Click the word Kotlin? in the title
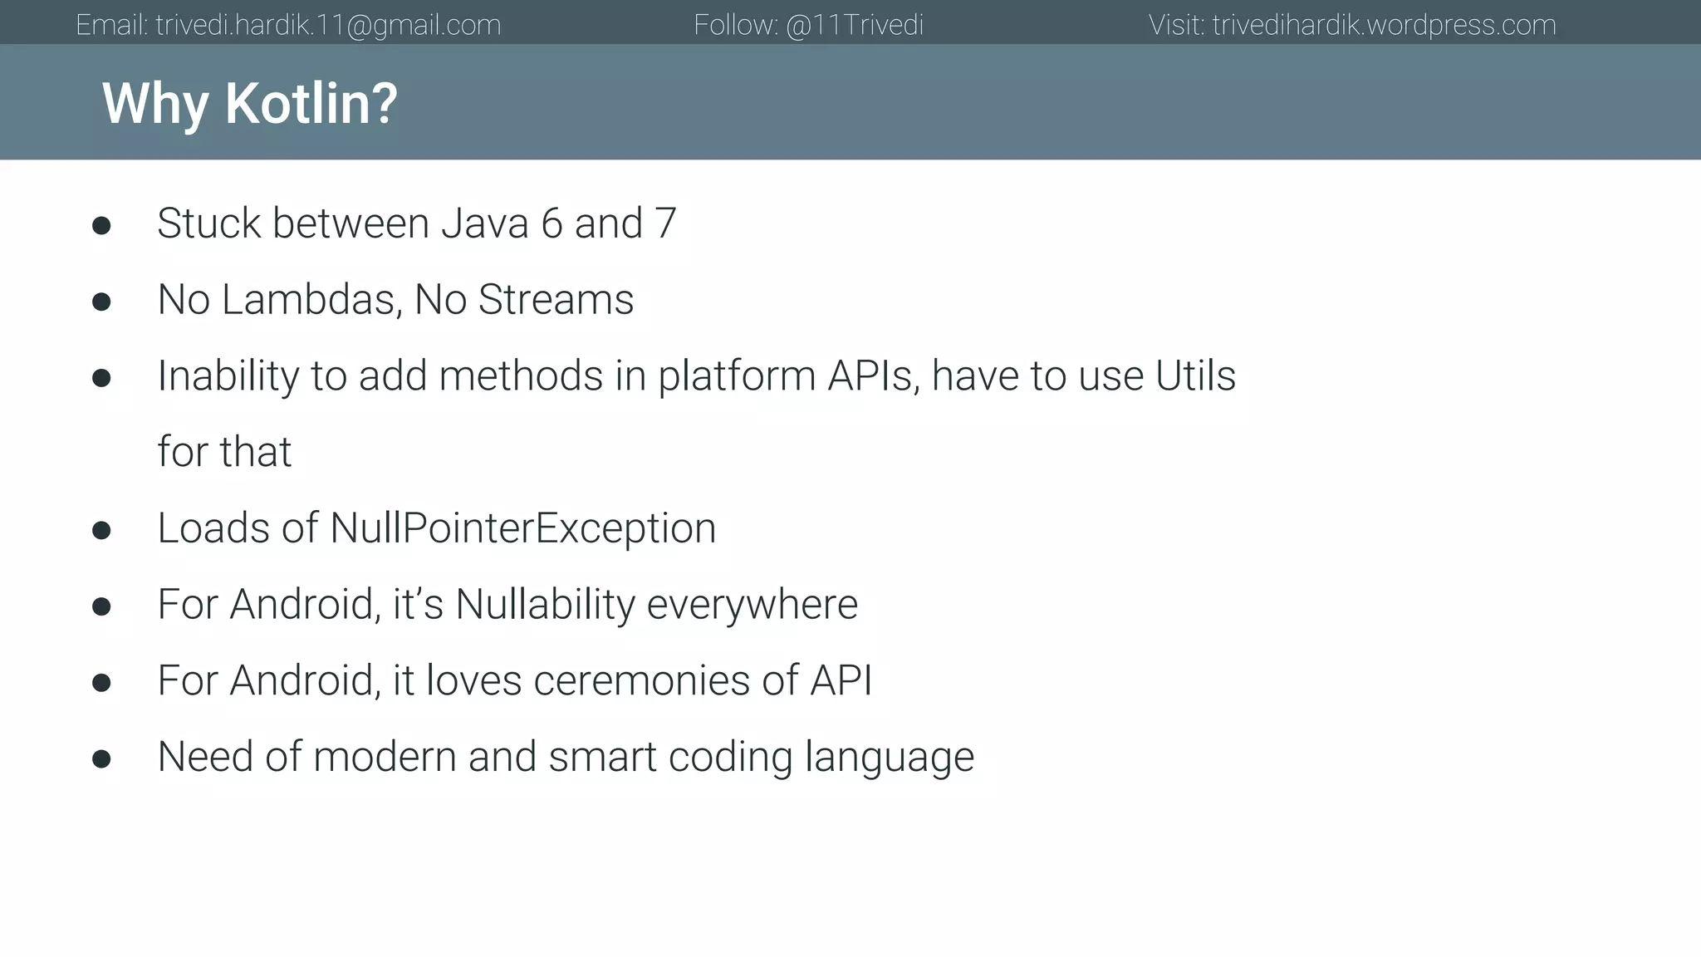click(311, 104)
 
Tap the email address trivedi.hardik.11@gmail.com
click(328, 25)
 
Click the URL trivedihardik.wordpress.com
click(1384, 25)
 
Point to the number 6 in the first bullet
click(551, 223)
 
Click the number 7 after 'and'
click(665, 223)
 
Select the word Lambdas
click(311, 300)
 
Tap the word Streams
click(556, 300)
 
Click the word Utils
click(1195, 375)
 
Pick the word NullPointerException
click(522, 528)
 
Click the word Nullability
click(545, 605)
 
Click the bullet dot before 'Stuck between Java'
click(101, 226)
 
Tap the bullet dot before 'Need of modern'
click(101, 759)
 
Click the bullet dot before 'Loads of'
click(101, 531)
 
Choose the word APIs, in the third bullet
click(873, 375)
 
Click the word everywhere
click(752, 605)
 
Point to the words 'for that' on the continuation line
click(224, 452)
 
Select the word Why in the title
click(154, 104)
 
